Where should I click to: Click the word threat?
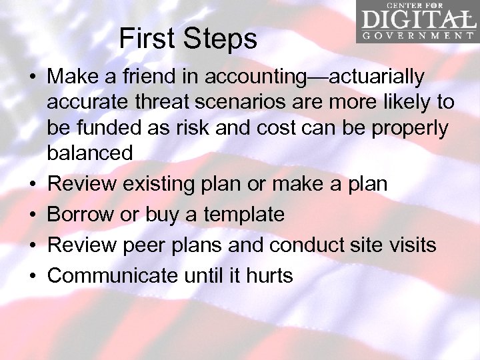[x=146, y=103]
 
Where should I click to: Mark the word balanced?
[x=90, y=153]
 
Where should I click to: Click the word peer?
[x=143, y=245]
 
